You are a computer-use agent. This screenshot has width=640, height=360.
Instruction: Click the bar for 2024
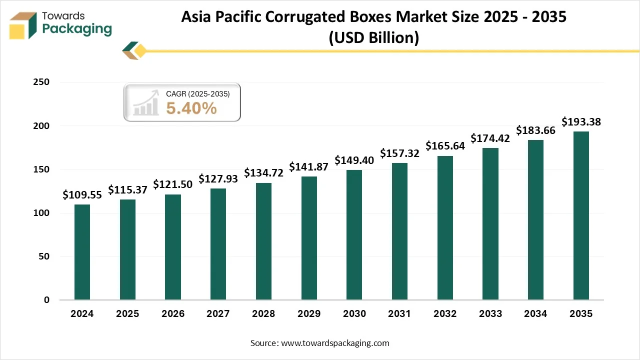pos(82,252)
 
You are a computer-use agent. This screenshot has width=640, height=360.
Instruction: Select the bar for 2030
pos(354,235)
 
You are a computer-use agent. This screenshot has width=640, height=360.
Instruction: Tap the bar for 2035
pos(581,215)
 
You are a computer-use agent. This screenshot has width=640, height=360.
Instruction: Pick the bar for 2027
pos(218,244)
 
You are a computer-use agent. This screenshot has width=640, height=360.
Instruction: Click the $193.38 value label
pos(581,121)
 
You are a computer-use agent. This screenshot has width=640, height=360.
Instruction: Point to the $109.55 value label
pos(82,195)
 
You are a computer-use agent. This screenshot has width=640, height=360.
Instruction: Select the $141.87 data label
pos(309,167)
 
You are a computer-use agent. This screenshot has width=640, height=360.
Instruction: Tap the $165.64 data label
pos(445,146)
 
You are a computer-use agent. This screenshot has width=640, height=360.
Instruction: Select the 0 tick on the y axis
pos(46,300)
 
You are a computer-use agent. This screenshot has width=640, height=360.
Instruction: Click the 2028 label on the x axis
pos(263,314)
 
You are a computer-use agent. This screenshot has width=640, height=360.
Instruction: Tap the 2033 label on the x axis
pos(490,314)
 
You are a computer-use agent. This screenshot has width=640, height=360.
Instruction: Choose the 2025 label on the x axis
pos(127,314)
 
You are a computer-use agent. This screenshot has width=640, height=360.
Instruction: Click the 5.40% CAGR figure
pos(191,107)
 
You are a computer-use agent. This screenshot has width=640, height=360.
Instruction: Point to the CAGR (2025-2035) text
pos(198,93)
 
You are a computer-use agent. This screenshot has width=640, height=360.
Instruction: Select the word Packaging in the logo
pos(77,29)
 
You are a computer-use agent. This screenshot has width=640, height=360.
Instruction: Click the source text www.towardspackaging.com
pos(335,343)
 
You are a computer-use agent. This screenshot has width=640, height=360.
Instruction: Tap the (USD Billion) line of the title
pos(373,37)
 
